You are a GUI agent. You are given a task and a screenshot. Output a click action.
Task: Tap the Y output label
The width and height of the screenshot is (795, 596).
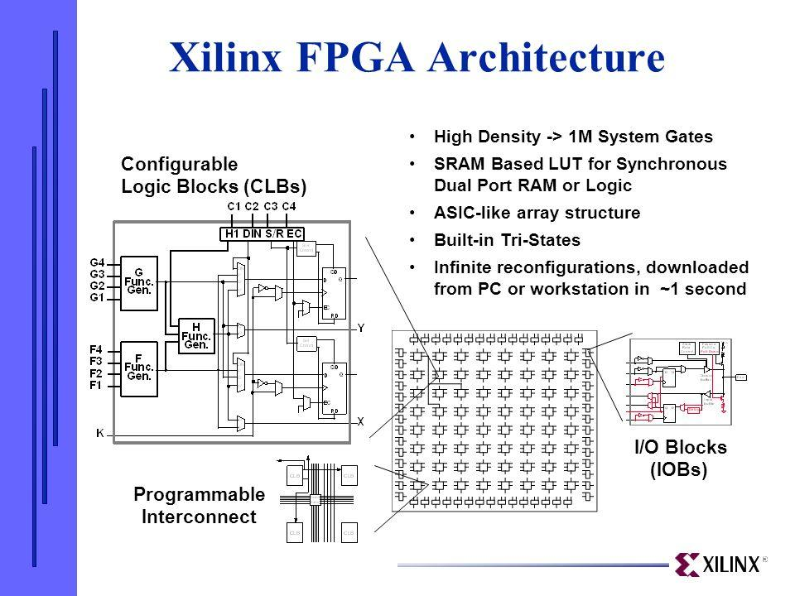click(x=361, y=329)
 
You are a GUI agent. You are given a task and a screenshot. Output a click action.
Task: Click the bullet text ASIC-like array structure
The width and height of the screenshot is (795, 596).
click(x=537, y=213)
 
